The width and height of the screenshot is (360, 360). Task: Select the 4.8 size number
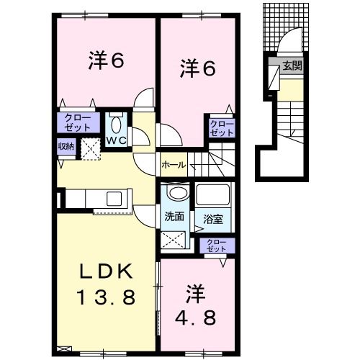pos(195,316)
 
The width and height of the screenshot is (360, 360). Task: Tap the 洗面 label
pos(174,216)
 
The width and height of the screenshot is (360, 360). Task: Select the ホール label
pos(174,165)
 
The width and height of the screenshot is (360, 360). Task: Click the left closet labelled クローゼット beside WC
pos(77,122)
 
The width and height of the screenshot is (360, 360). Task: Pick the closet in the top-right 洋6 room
pos(221,128)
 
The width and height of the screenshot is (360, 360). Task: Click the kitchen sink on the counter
pos(116,198)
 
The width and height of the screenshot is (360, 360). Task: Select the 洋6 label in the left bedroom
pos(107,61)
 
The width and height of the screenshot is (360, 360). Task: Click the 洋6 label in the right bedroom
pos(197,70)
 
